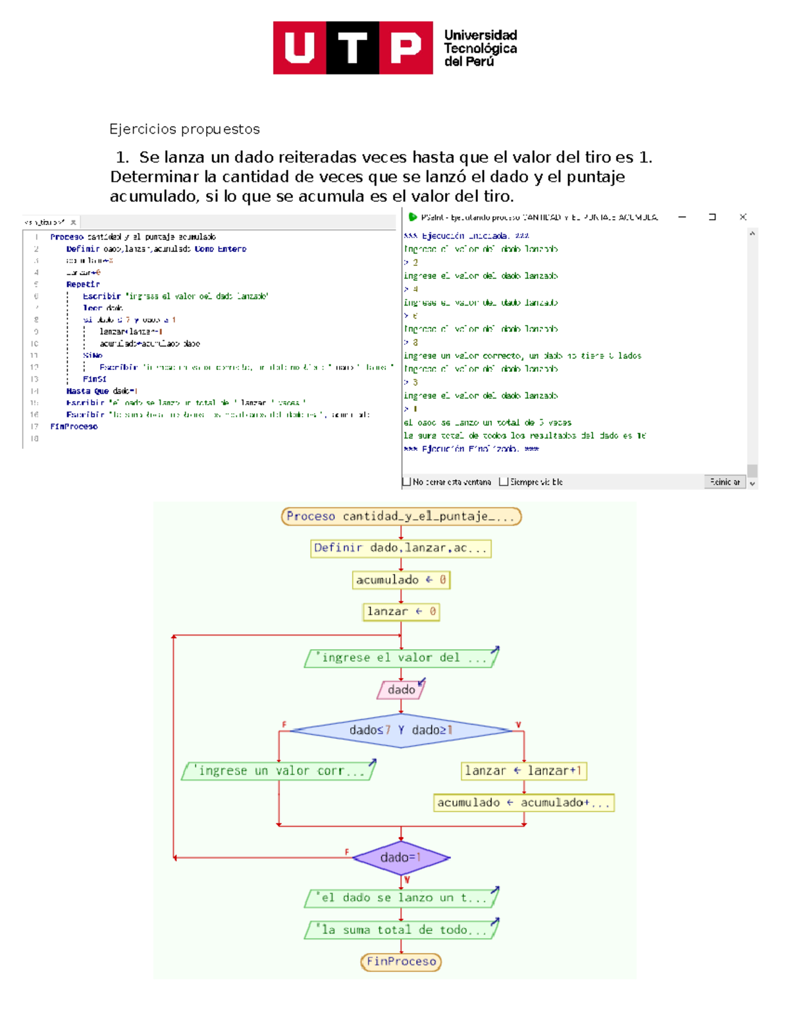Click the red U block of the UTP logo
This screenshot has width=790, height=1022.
[x=300, y=47]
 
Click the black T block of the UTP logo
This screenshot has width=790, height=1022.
[x=353, y=47]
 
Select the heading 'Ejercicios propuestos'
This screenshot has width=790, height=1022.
[x=184, y=129]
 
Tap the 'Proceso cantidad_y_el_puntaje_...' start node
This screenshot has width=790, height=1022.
[x=401, y=517]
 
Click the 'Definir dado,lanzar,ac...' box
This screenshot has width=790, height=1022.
[x=401, y=548]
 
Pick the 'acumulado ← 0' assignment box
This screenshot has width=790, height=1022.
[x=401, y=580]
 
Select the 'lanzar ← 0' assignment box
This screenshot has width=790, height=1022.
[x=401, y=611]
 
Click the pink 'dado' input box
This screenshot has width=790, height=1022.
[x=401, y=690]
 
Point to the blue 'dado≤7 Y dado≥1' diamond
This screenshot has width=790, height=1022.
[x=401, y=730]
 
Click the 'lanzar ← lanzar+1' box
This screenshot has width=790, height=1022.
[x=523, y=771]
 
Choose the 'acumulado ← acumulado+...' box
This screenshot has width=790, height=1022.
[x=523, y=803]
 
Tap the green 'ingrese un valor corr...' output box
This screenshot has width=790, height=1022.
[x=279, y=771]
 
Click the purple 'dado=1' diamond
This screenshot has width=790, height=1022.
[x=401, y=857]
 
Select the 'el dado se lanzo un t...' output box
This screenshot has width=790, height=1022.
[x=401, y=898]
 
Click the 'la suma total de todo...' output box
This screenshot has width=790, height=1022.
[x=401, y=930]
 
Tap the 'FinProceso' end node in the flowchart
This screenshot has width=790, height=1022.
[x=401, y=961]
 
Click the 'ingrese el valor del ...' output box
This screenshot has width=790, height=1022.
[x=401, y=657]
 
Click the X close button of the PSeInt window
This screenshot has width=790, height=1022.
[x=743, y=217]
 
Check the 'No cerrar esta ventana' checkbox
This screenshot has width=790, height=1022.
[x=407, y=482]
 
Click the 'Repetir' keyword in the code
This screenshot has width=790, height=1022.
[x=83, y=284]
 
